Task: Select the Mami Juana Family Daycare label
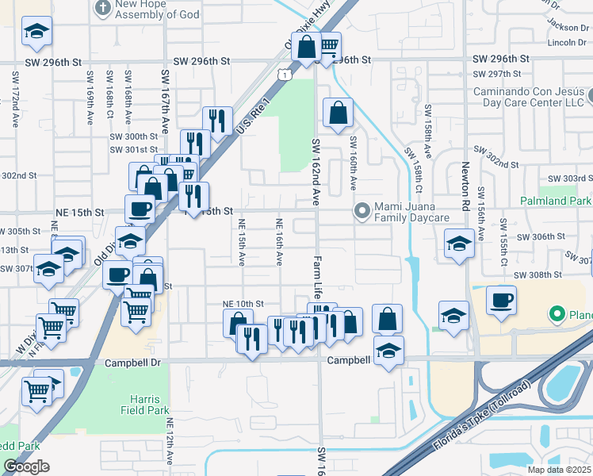pyautogui.click(x=412, y=217)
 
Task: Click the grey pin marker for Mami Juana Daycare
pyautogui.click(x=362, y=211)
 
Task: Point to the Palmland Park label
pyautogui.click(x=556, y=202)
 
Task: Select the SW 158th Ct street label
pyautogui.click(x=428, y=131)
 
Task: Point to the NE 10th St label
pyautogui.click(x=242, y=304)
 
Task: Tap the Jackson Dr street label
pyautogui.click(x=564, y=26)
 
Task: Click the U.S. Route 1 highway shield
pyautogui.click(x=283, y=74)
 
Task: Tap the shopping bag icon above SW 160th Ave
pyautogui.click(x=339, y=113)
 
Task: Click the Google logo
pyautogui.click(x=26, y=466)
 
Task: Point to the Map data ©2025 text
pyautogui.click(x=560, y=470)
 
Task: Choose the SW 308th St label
pyautogui.click(x=538, y=274)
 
